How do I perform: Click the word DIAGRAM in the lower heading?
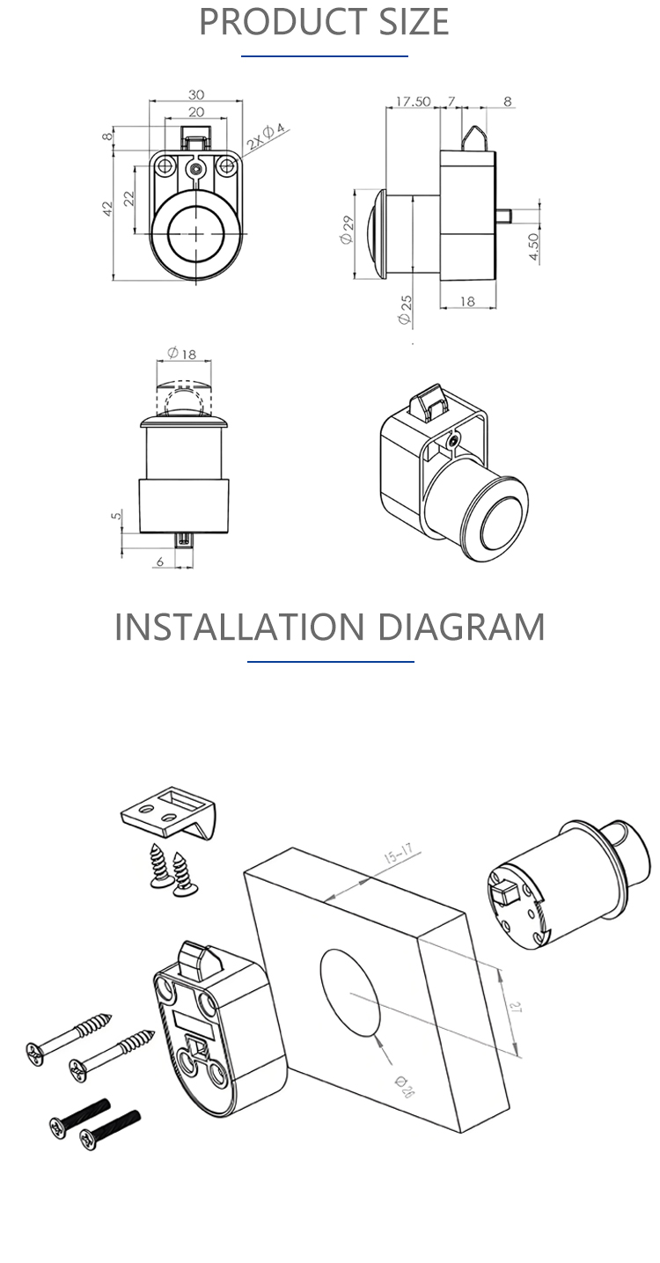click(x=461, y=627)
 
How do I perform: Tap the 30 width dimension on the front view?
click(x=196, y=94)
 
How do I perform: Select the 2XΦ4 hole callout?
click(x=266, y=136)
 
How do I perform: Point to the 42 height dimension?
click(x=107, y=208)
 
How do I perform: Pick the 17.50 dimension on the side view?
click(x=413, y=101)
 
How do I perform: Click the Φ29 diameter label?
click(x=347, y=230)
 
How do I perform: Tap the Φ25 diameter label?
click(x=405, y=310)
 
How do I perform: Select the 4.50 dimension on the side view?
click(x=534, y=247)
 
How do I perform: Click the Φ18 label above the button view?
click(x=181, y=354)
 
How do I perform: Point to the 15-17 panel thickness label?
click(x=399, y=854)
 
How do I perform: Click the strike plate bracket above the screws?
click(x=169, y=812)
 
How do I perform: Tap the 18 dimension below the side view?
click(x=467, y=301)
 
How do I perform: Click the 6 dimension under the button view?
click(x=160, y=561)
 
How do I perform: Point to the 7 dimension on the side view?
click(x=451, y=101)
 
